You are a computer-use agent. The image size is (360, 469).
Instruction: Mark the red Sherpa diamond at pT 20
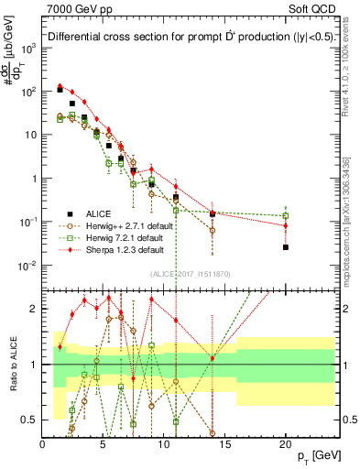pyautogui.click(x=286, y=225)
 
